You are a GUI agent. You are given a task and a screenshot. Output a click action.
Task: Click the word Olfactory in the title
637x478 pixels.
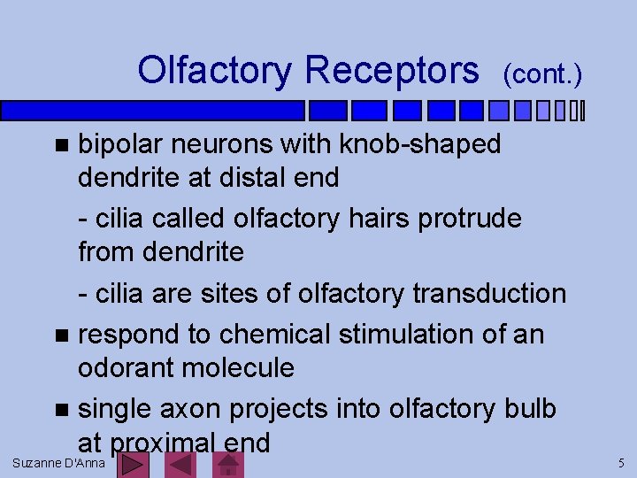pyautogui.click(x=215, y=70)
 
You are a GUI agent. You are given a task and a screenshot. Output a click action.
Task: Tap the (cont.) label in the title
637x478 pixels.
pyautogui.click(x=542, y=74)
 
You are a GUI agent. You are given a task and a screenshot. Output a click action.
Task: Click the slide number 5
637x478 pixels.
pyautogui.click(x=621, y=463)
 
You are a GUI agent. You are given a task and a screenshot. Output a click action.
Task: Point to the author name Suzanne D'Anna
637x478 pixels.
pyautogui.click(x=58, y=463)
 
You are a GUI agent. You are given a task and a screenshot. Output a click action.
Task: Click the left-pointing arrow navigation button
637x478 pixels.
pyautogui.click(x=180, y=464)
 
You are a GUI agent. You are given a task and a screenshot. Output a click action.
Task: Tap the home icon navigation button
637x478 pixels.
pyautogui.click(x=227, y=464)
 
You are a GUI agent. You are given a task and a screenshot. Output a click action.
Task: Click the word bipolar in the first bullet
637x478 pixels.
pyautogui.click(x=121, y=144)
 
